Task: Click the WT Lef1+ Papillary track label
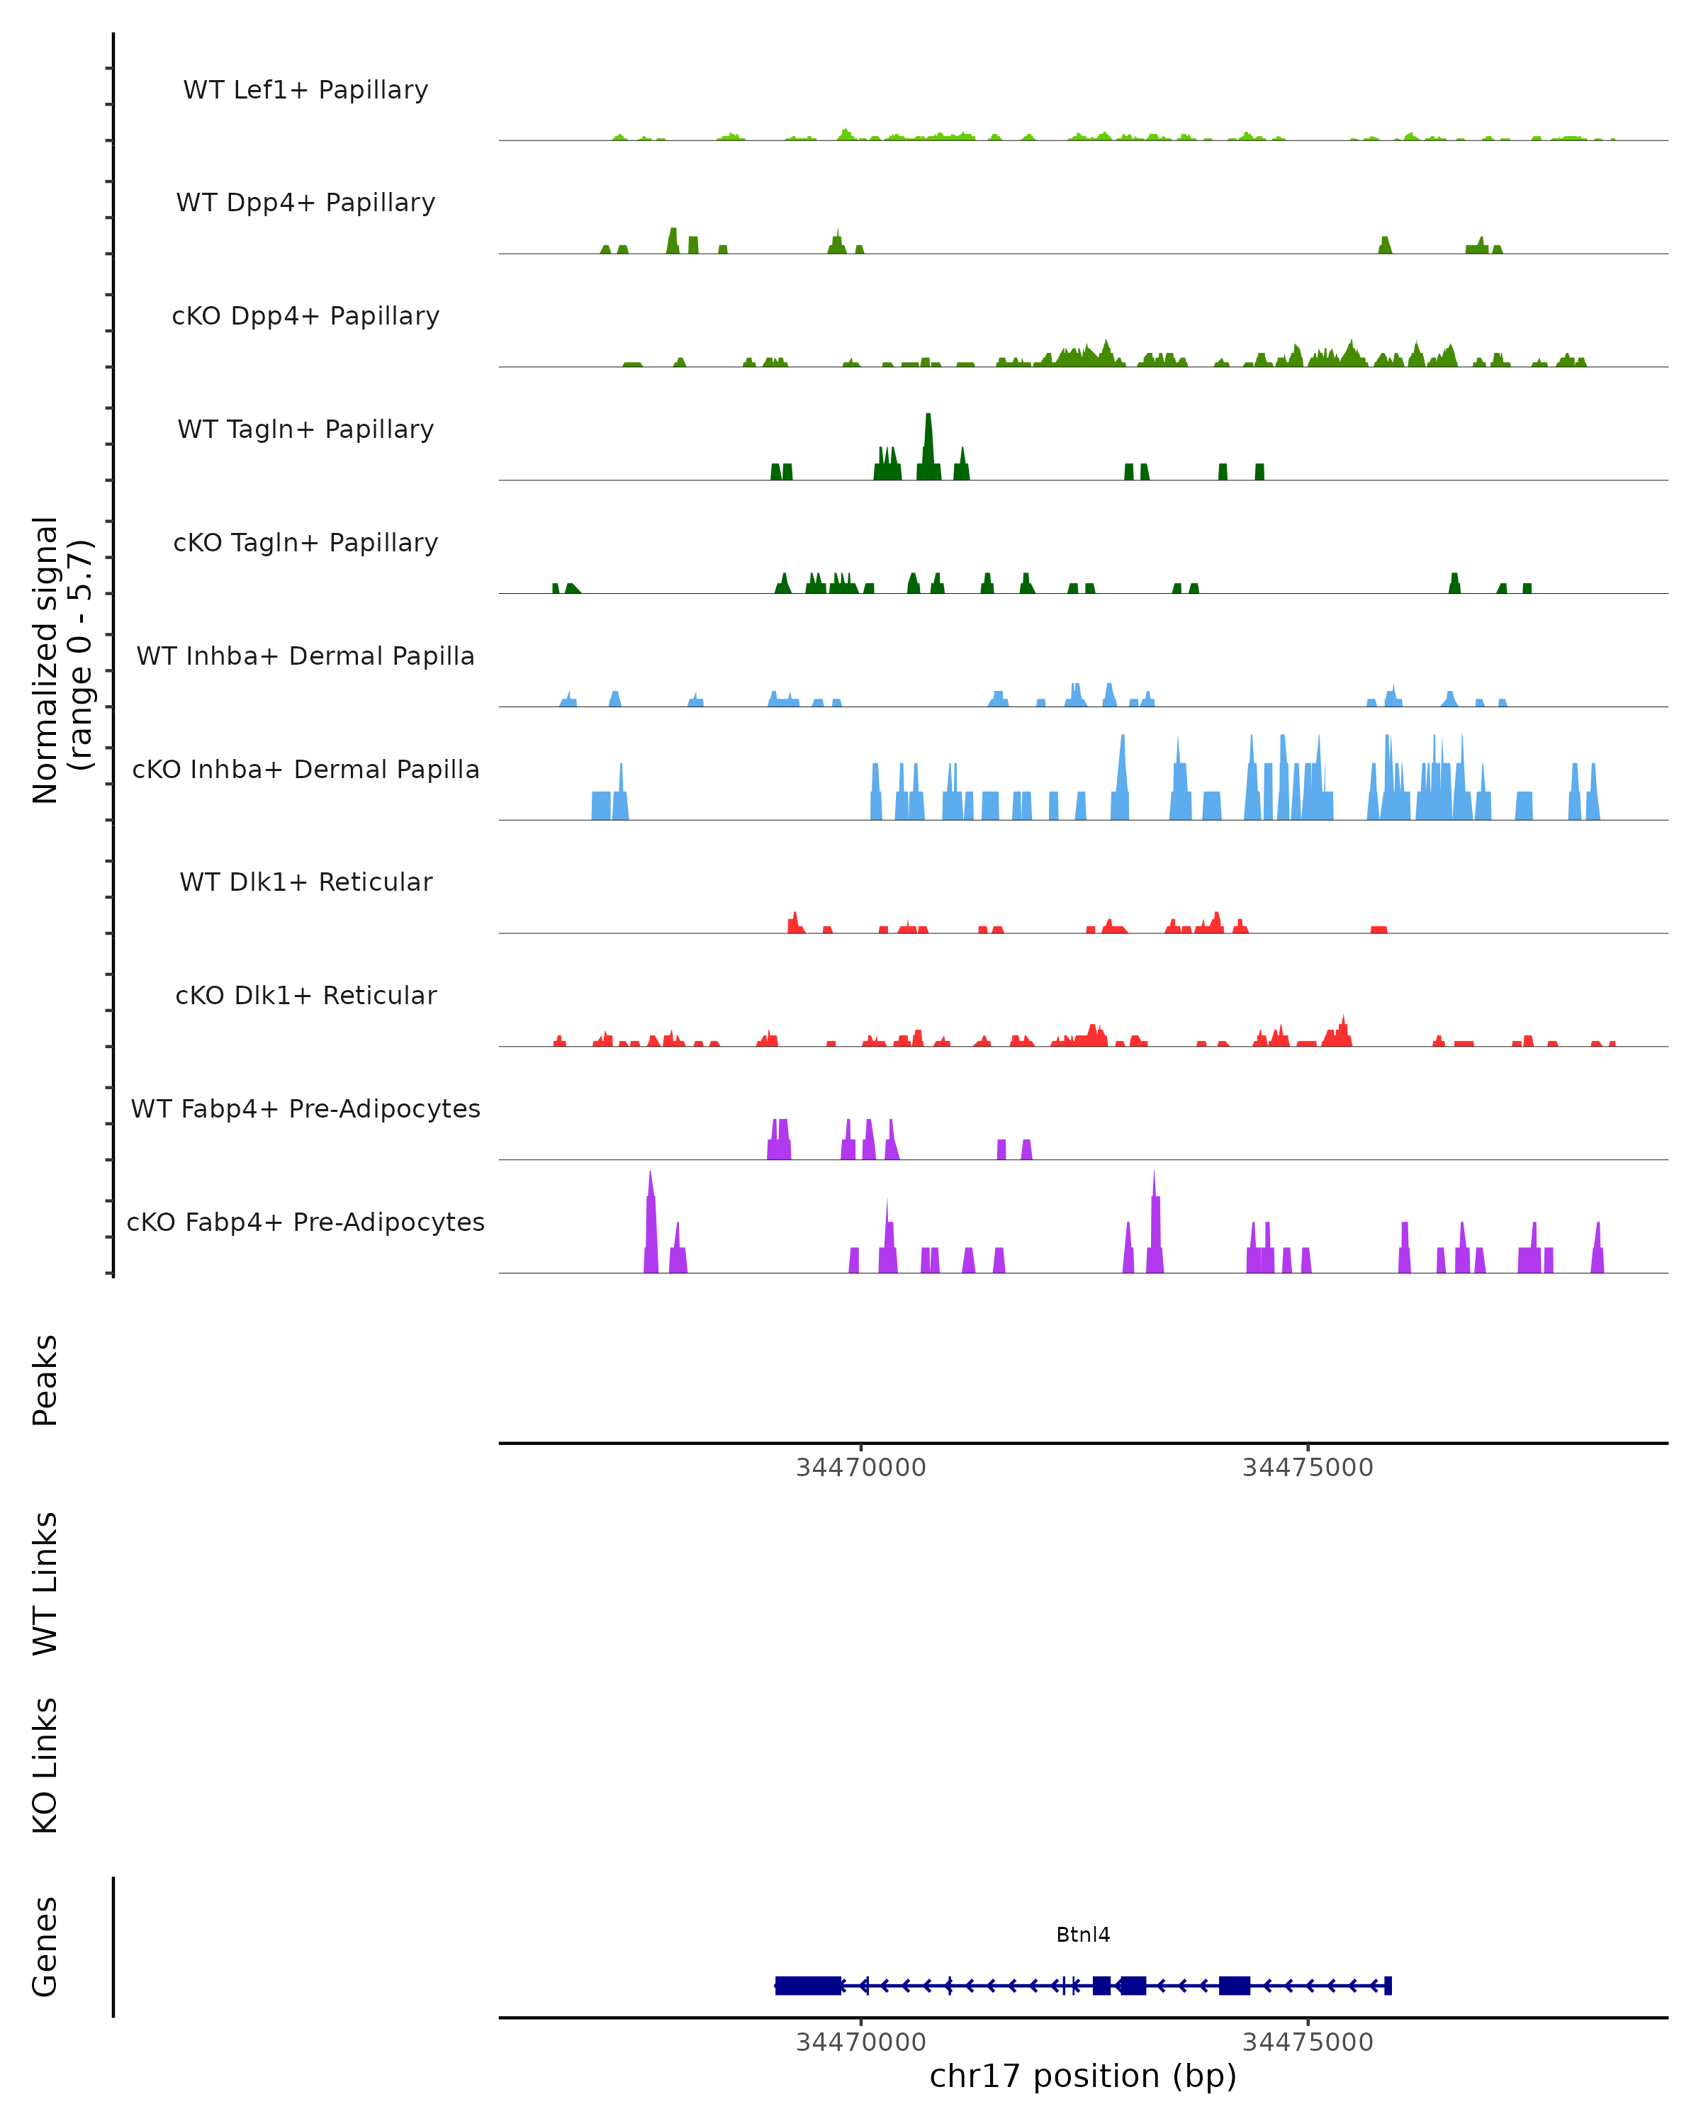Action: (x=305, y=90)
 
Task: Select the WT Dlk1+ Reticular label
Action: (x=305, y=882)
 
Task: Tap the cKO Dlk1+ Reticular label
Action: (x=305, y=995)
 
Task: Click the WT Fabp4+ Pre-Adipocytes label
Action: (x=305, y=1108)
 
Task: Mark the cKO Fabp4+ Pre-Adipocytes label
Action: (x=305, y=1222)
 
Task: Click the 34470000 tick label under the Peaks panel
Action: (x=861, y=1468)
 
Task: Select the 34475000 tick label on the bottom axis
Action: (x=1308, y=2042)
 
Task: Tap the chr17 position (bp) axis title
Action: (x=1083, y=2076)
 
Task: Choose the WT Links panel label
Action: (x=45, y=1582)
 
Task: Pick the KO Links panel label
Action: (x=45, y=1766)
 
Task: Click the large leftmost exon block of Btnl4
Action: (x=807, y=1986)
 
